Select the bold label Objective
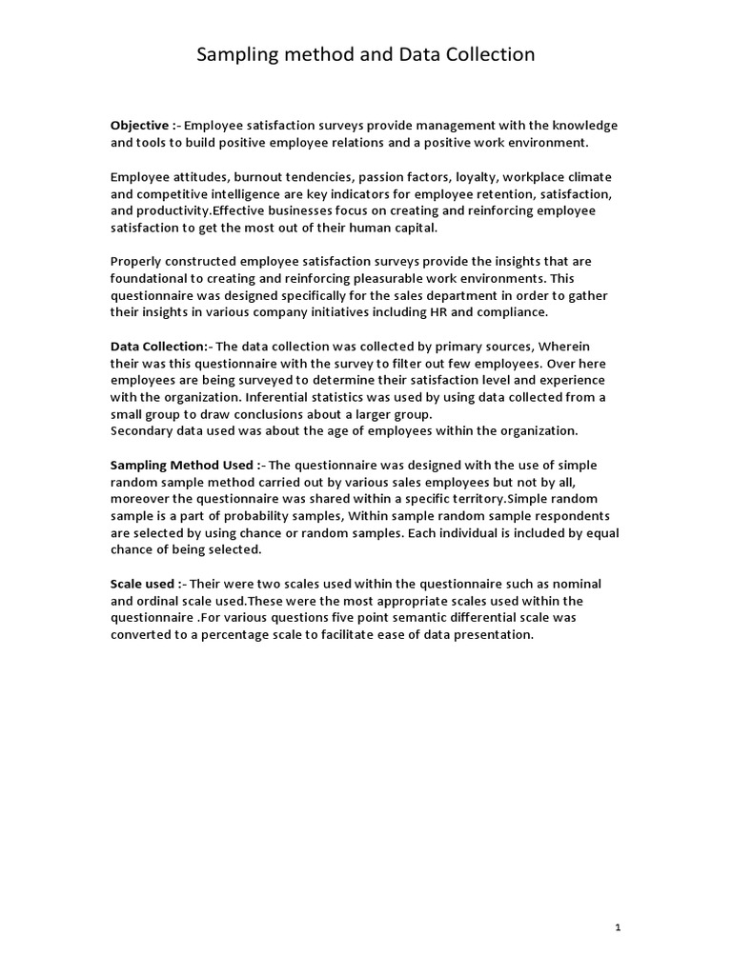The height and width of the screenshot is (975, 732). coord(142,125)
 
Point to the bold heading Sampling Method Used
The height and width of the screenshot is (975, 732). coord(182,466)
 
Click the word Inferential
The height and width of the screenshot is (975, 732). coord(279,397)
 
